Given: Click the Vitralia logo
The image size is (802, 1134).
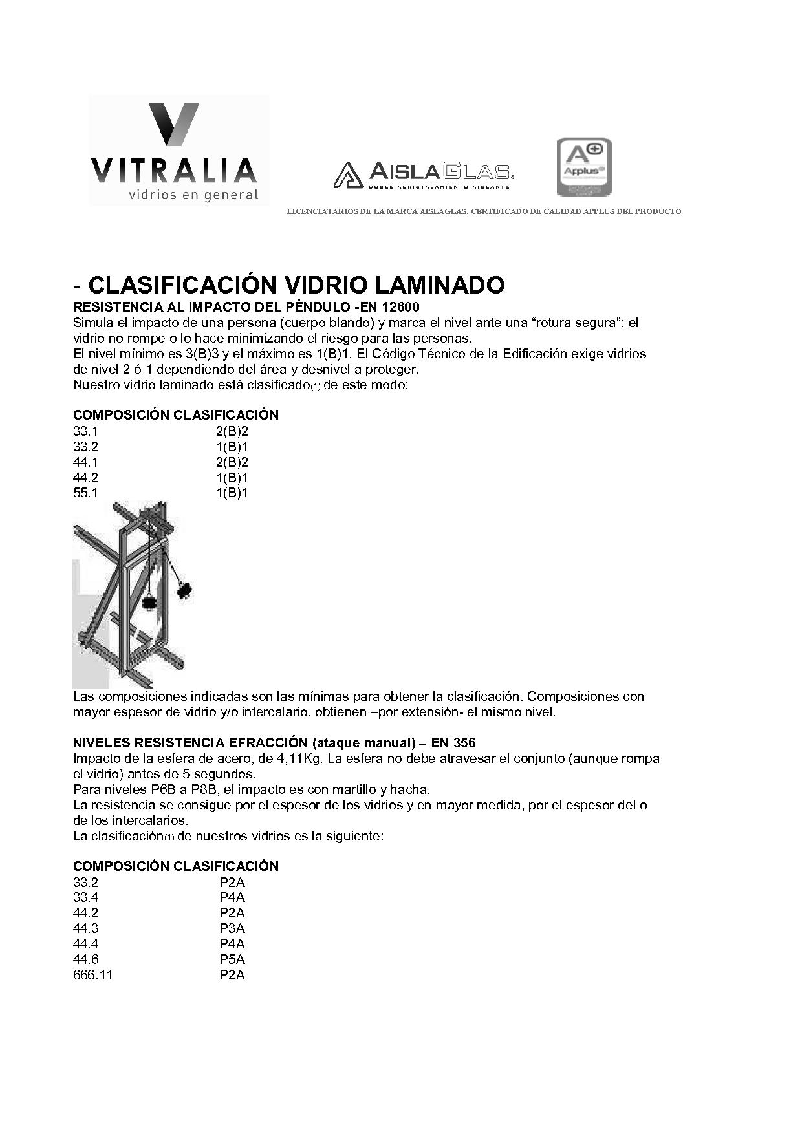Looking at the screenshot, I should click(179, 151).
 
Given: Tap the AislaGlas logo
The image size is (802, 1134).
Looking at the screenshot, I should click(424, 174).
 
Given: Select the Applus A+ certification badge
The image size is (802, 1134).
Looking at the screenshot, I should click(584, 167).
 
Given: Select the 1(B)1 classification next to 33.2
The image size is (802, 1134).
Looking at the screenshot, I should click(232, 447).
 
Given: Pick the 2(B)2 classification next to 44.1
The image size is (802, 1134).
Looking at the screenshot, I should click(232, 462).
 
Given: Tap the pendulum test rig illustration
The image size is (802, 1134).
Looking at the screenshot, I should click(133, 593).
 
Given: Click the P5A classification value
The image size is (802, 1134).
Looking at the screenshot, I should click(232, 959).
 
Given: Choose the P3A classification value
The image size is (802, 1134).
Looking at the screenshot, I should click(232, 928).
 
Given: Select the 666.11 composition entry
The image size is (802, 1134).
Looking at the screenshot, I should click(93, 975).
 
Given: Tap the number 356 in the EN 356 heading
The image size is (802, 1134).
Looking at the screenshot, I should click(464, 742).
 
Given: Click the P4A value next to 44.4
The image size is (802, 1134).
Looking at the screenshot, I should click(232, 944).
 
